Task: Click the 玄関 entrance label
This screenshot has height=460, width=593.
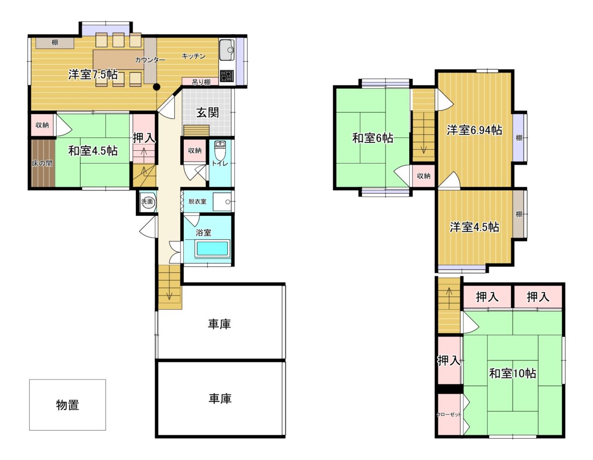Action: pyautogui.click(x=208, y=113)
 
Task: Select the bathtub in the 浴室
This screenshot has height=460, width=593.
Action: pyautogui.click(x=212, y=249)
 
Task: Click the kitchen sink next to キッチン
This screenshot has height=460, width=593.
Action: pyautogui.click(x=227, y=50)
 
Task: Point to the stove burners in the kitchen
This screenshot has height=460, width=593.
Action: pyautogui.click(x=227, y=76)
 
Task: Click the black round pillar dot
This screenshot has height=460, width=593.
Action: pyautogui.click(x=156, y=87)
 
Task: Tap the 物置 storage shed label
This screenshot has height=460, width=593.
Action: pyautogui.click(x=68, y=405)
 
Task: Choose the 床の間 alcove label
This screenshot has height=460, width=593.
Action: pyautogui.click(x=42, y=164)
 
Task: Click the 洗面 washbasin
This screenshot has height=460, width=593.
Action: pyautogui.click(x=147, y=202)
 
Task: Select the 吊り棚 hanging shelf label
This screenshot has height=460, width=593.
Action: pyautogui.click(x=201, y=82)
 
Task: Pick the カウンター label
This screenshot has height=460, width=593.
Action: pyautogui.click(x=150, y=60)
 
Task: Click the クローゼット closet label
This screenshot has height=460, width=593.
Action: pyautogui.click(x=449, y=415)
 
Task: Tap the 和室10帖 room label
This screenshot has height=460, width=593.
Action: pyautogui.click(x=512, y=373)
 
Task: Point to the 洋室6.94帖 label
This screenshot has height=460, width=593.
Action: pyautogui.click(x=474, y=130)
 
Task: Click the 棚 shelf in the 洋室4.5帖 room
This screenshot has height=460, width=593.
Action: pyautogui.click(x=519, y=214)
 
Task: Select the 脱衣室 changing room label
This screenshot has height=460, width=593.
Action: pyautogui.click(x=197, y=202)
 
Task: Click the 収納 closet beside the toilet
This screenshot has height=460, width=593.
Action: pyautogui.click(x=195, y=151)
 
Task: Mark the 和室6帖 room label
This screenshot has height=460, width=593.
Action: pyautogui.click(x=373, y=138)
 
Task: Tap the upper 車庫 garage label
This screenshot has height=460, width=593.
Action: pyautogui.click(x=219, y=324)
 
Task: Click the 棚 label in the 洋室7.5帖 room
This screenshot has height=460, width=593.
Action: pyautogui.click(x=55, y=42)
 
